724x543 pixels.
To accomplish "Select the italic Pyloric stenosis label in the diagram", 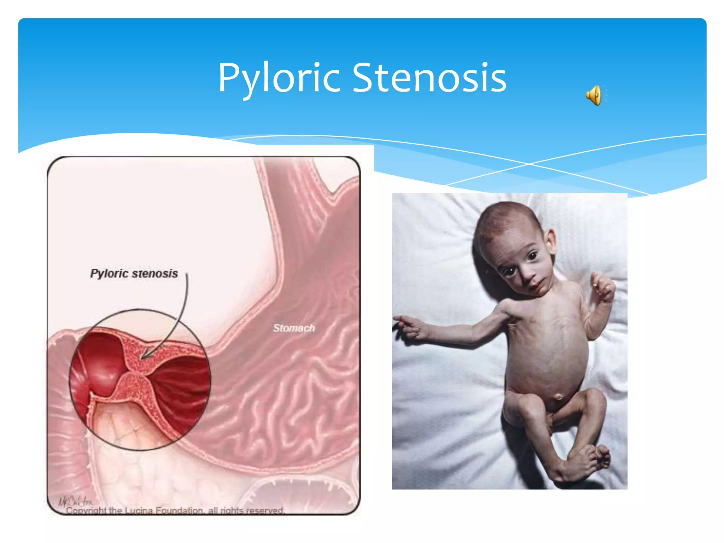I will coord(134,273).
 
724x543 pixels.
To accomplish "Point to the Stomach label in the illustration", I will coord(294,328).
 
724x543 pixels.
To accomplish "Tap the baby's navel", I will coord(559,397).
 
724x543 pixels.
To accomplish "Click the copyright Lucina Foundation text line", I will coord(175,510).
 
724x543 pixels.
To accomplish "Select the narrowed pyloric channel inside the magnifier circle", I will coord(136,371).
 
